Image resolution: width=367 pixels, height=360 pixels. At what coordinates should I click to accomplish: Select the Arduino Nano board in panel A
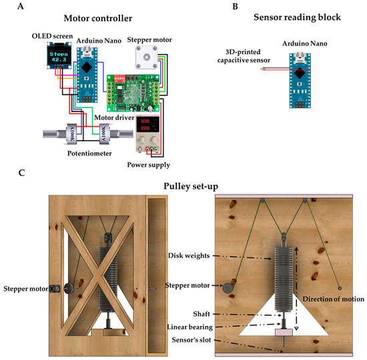(85, 74)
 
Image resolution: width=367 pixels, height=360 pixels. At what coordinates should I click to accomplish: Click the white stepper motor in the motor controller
(145, 59)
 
